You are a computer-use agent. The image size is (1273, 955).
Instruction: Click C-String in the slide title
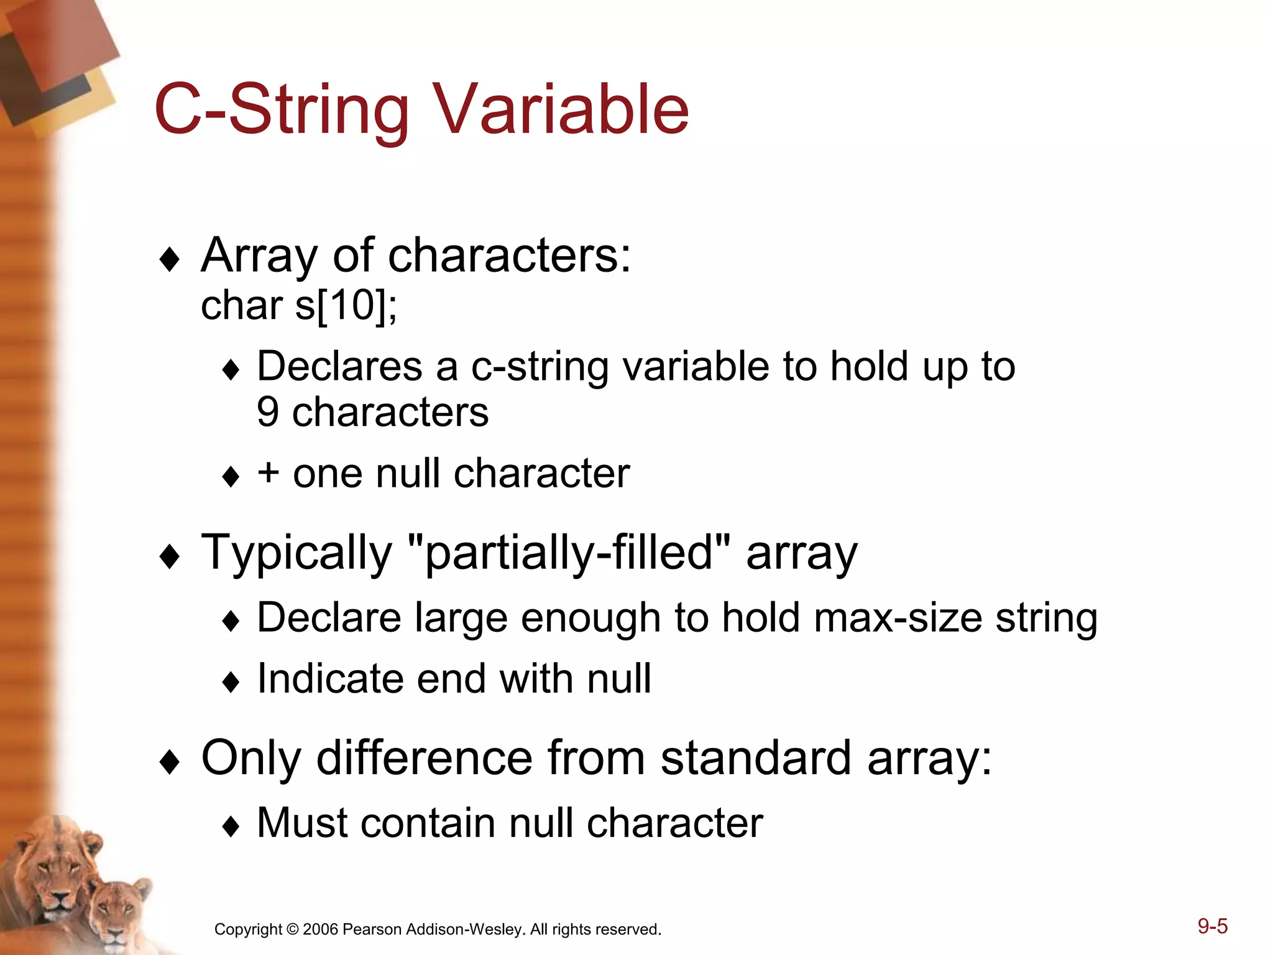click(x=281, y=110)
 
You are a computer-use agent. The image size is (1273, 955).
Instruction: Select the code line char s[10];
click(x=299, y=306)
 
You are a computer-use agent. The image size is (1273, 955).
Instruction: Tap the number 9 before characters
click(x=268, y=412)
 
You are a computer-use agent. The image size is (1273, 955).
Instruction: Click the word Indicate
click(x=330, y=678)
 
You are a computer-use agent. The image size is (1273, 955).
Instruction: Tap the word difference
click(x=425, y=758)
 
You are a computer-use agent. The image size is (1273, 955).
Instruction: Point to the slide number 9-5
click(x=1212, y=926)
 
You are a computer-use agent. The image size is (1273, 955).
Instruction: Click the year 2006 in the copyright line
click(x=320, y=930)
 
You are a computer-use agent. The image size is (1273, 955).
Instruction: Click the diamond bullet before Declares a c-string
click(x=231, y=370)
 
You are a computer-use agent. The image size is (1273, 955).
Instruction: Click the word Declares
click(x=339, y=366)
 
